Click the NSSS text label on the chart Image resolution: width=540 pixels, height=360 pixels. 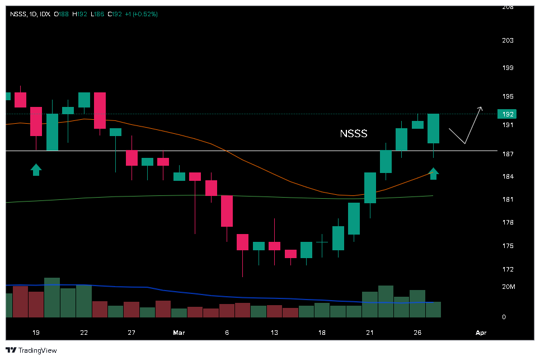click(354, 134)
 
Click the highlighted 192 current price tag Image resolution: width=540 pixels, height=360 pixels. click(507, 114)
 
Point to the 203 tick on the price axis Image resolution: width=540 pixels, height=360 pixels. click(507, 41)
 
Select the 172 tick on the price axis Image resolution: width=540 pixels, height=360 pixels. click(507, 269)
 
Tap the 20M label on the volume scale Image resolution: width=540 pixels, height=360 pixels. click(508, 287)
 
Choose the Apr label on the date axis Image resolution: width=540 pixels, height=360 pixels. click(481, 333)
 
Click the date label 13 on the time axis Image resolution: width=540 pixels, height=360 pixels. click(274, 333)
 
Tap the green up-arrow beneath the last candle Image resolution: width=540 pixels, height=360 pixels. click(434, 174)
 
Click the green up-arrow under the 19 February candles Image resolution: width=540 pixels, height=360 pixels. click(36, 170)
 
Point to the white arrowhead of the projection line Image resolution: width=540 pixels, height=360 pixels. click(480, 107)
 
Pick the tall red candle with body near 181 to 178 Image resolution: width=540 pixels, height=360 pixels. click(227, 211)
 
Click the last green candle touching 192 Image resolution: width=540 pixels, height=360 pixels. click(434, 128)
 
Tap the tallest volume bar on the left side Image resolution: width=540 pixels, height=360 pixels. click(52, 298)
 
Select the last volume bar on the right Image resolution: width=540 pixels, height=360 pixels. click(434, 310)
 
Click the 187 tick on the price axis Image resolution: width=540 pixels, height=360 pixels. click(507, 153)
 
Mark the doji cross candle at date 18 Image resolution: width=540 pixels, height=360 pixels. click(322, 242)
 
